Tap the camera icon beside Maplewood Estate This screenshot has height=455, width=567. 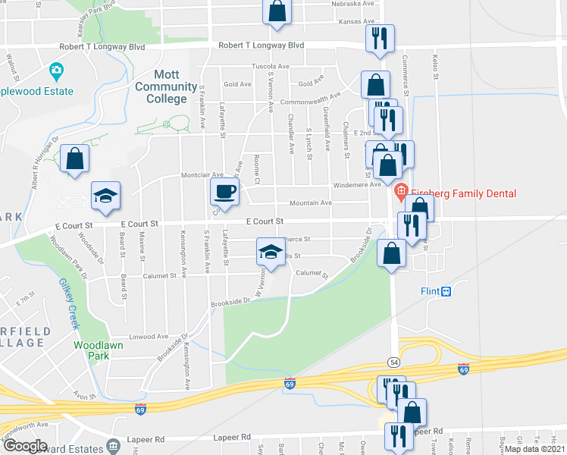[55, 73]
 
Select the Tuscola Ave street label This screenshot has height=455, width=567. [271, 67]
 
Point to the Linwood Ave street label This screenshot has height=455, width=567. [148, 337]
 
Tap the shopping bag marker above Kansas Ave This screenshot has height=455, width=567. [277, 11]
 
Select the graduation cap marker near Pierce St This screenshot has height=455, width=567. [270, 252]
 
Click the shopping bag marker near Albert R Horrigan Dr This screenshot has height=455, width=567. [74, 158]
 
